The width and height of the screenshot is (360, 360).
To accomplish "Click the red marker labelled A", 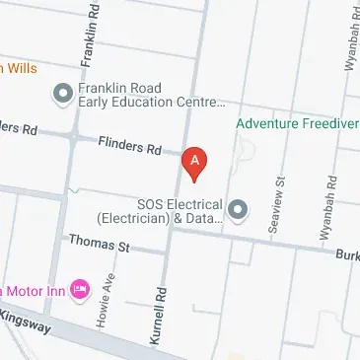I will (196, 164).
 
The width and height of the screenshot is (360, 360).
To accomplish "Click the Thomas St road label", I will (99, 243).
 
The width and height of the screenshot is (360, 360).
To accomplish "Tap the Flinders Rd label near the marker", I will (129, 147).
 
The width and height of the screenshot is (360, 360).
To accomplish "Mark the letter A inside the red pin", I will (196, 158).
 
